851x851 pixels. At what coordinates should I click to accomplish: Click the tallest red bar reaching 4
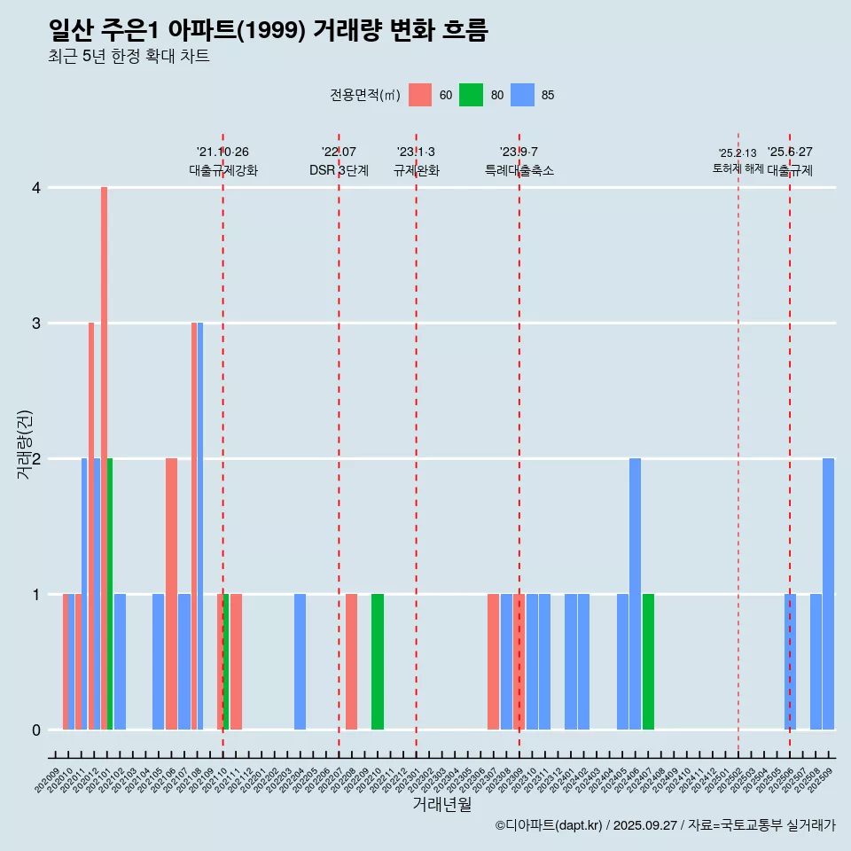coord(104,458)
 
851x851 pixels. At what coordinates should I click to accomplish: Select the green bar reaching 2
coord(110,594)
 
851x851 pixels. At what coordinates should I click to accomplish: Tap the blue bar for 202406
coord(635,594)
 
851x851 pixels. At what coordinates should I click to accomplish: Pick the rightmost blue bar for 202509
coord(828,594)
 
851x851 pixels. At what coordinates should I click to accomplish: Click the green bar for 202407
coord(648,661)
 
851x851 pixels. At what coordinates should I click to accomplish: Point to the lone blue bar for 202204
coord(301,661)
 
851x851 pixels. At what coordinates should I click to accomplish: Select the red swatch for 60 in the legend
coord(420,95)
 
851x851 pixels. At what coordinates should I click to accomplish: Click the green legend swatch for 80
coord(471,95)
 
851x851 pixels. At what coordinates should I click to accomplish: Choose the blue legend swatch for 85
coord(522,95)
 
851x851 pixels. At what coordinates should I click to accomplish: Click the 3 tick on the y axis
coord(36,324)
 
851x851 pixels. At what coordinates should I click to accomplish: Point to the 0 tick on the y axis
coord(36,730)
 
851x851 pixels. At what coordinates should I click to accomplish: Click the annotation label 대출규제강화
coord(223,170)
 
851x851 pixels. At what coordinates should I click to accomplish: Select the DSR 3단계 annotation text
coord(339,170)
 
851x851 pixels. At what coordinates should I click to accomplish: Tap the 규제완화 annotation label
coord(417,170)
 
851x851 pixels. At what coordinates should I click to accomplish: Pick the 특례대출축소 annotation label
coord(519,170)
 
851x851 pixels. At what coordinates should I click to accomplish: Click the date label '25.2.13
coord(738,153)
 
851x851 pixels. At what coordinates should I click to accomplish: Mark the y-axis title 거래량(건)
coord(25,444)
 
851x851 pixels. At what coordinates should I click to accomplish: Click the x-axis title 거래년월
coord(441,804)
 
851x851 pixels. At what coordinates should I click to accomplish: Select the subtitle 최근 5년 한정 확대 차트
coord(129,57)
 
